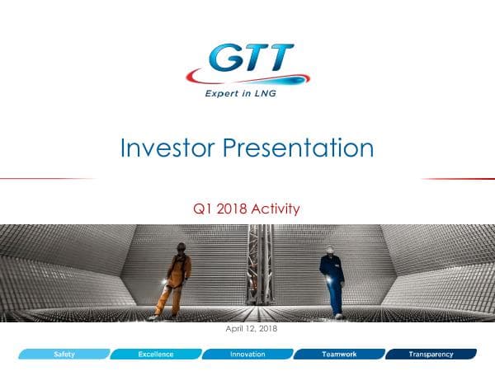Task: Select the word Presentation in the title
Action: (x=299, y=148)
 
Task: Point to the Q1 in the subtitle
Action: (x=199, y=209)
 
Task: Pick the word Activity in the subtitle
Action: (x=276, y=209)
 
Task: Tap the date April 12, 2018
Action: (x=247, y=330)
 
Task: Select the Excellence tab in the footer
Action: (x=155, y=355)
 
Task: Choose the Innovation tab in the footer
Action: (x=247, y=355)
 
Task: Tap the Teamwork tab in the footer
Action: (x=338, y=355)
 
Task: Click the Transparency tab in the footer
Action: (x=431, y=355)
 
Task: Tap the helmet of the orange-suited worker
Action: (x=181, y=247)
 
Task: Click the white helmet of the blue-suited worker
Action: (x=328, y=250)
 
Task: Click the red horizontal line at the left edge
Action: (x=41, y=178)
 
